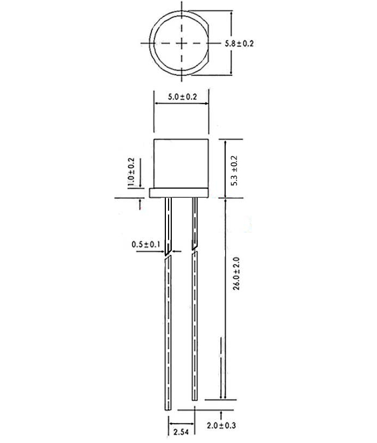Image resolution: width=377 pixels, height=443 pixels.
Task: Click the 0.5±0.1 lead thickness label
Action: click(x=146, y=245)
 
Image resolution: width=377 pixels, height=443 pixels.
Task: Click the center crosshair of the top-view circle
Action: click(x=182, y=43)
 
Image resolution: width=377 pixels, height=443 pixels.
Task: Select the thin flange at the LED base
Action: click(x=178, y=193)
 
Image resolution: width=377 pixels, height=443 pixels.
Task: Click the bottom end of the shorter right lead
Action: click(x=195, y=398)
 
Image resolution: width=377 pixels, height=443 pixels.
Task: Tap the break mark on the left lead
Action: click(x=169, y=254)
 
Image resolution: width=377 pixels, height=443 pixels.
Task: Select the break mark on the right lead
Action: click(x=195, y=250)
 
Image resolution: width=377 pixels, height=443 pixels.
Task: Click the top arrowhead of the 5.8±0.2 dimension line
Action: click(x=232, y=13)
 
